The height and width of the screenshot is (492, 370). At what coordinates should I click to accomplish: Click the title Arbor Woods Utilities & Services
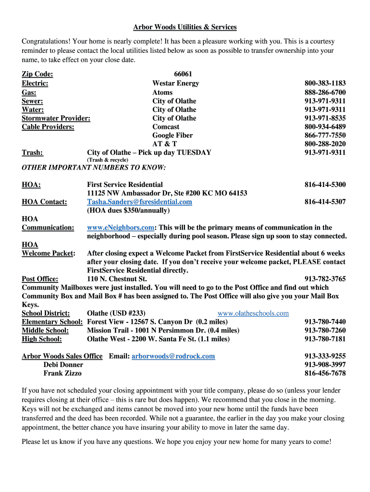coord(185,27)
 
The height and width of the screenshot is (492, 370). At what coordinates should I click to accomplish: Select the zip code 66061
coord(183,74)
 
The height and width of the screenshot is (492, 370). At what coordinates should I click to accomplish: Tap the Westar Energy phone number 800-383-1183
coord(325,83)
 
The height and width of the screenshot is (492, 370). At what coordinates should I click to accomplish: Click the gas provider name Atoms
coord(162,92)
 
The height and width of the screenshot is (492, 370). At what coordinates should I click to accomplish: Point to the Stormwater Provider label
coord(56,118)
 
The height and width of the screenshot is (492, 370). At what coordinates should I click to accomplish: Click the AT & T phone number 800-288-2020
coord(325,144)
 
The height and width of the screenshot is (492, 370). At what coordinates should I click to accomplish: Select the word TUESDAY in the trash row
coord(194,153)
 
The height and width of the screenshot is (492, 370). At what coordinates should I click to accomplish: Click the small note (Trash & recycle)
coord(108,160)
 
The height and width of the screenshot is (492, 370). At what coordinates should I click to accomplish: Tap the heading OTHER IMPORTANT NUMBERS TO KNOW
coord(94,168)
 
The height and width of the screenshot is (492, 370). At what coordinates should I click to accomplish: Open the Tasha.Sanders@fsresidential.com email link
coord(139,202)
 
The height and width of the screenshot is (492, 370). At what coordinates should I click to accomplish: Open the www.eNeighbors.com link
coord(121,228)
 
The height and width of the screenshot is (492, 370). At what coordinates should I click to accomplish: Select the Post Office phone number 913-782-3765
coord(325,279)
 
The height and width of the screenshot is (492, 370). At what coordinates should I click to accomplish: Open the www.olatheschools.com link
coord(253,314)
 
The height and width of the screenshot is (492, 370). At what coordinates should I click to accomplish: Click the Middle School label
coord(45,331)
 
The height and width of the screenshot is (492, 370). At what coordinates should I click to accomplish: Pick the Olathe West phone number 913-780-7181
coord(325,339)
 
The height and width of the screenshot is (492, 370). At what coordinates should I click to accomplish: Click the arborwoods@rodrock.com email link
coord(173,357)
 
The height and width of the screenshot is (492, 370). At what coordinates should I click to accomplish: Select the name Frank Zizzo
coord(62,373)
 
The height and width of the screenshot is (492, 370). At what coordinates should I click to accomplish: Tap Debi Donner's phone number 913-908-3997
coord(325,365)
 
